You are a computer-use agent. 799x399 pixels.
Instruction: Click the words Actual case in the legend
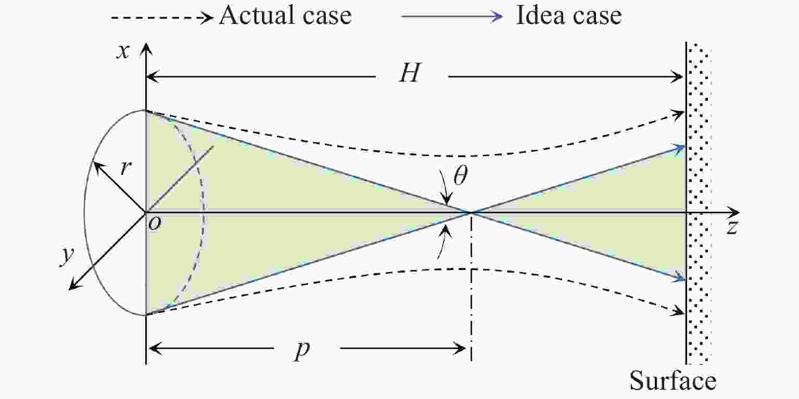click(x=285, y=16)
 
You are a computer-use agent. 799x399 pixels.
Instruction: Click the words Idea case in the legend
click(x=568, y=16)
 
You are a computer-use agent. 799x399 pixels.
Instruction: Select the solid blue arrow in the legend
click(x=452, y=17)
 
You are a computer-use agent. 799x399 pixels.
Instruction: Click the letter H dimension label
click(x=410, y=73)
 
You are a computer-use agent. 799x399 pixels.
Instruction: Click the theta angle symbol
click(x=460, y=175)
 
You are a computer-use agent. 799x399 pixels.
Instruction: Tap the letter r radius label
click(x=125, y=167)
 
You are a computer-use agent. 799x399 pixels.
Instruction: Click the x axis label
click(x=123, y=52)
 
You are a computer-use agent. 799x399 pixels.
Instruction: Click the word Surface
click(x=673, y=381)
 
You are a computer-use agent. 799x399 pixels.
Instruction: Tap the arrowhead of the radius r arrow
click(x=97, y=166)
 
